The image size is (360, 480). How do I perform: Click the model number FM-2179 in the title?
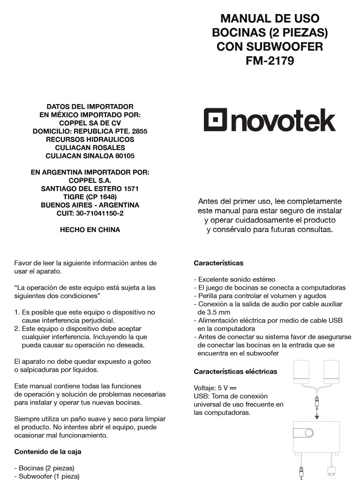[x=270, y=61]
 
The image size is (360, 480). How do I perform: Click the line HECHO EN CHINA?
[x=90, y=230]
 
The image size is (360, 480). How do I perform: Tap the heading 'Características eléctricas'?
[x=235, y=372]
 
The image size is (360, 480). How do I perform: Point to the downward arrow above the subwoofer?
[x=317, y=416]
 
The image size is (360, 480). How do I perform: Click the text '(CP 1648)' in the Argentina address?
[x=100, y=197]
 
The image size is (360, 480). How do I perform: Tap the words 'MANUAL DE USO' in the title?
[x=270, y=19]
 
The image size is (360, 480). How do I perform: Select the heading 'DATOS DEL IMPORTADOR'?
[x=90, y=107]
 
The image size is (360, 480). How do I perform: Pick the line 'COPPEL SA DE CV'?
[x=90, y=123]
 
